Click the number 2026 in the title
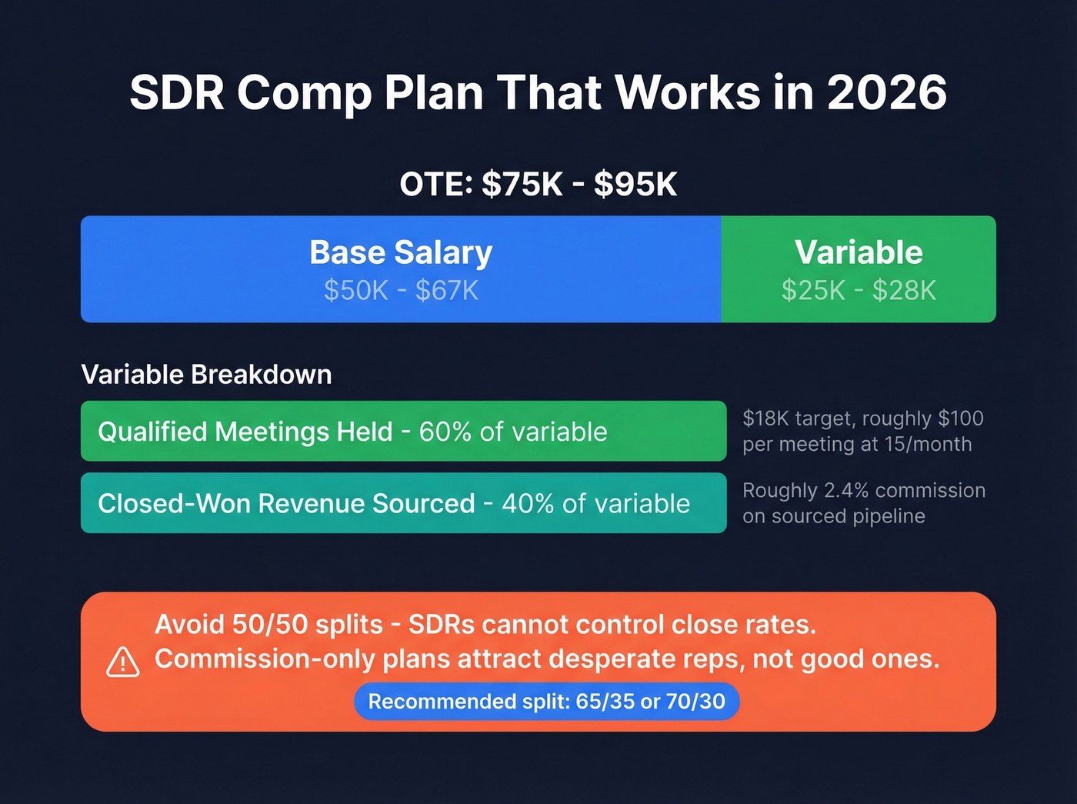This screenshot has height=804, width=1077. click(886, 93)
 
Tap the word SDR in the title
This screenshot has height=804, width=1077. click(177, 93)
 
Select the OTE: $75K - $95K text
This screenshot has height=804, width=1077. click(538, 185)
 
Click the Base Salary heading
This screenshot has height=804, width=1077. click(401, 252)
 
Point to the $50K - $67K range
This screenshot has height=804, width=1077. click(401, 291)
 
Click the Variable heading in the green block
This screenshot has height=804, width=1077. click(859, 252)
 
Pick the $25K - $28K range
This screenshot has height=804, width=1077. click(859, 291)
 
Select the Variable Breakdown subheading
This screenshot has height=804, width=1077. click(206, 375)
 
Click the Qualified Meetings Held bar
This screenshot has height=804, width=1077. click(403, 431)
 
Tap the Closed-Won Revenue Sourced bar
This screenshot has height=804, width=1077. click(403, 503)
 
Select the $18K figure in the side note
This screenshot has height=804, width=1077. click(765, 419)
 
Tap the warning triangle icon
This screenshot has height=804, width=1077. click(122, 662)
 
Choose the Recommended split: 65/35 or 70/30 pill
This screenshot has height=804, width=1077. click(546, 702)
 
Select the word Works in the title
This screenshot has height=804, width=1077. click(688, 93)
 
